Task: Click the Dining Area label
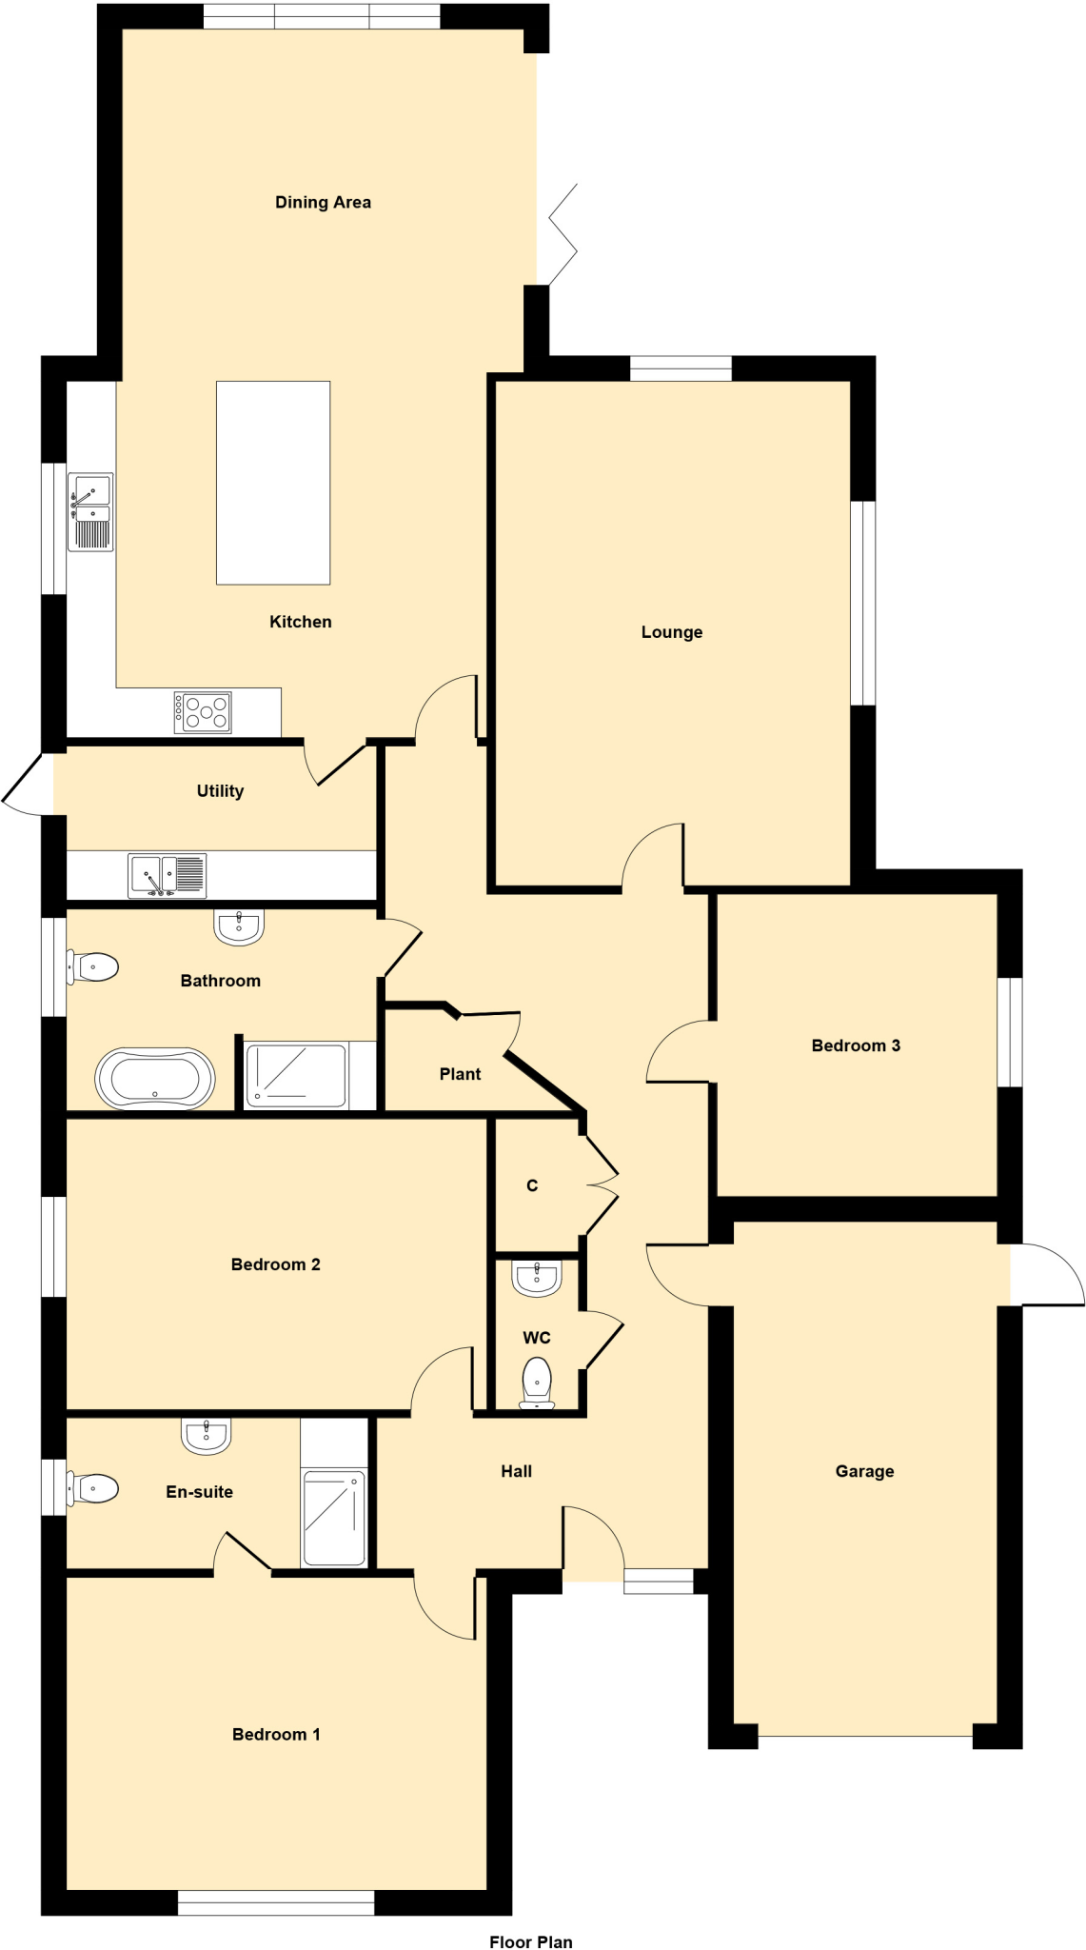[x=323, y=202]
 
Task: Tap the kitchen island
[x=273, y=483]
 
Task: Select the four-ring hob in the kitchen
[x=203, y=712]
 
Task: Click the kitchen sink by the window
[x=90, y=511]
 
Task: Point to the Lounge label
[x=671, y=632]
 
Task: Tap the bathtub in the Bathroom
[x=155, y=1079]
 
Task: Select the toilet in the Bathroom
[x=93, y=967]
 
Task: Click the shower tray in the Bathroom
[x=296, y=1076]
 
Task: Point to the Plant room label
[x=460, y=1074]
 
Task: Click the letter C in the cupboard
[x=532, y=1185]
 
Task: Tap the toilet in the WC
[x=538, y=1382]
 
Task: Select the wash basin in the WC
[x=537, y=1278]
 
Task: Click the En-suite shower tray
[x=333, y=1518]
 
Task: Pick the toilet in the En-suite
[x=93, y=1488]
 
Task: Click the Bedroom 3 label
[x=856, y=1045]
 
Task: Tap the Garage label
[x=864, y=1471]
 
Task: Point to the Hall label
[x=516, y=1471]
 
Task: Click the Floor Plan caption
[x=530, y=1941]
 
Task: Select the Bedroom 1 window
[x=276, y=1902]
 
